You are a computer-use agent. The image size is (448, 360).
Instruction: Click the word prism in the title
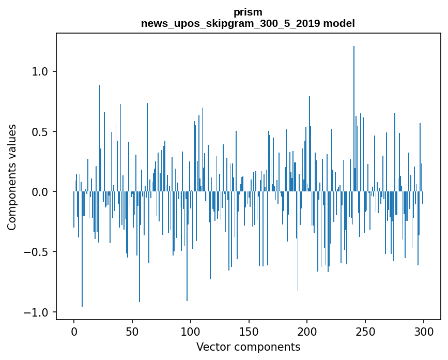(248, 12)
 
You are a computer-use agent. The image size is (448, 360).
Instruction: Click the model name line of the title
(248, 23)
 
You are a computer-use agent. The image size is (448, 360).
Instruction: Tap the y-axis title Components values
(12, 177)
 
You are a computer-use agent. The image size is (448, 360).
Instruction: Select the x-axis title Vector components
(248, 347)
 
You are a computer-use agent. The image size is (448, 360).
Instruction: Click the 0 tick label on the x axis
(74, 331)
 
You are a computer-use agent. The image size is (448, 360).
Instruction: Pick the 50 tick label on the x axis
(132, 331)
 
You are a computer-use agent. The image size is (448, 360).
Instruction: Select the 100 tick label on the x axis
(191, 331)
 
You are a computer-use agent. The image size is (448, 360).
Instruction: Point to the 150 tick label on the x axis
(249, 331)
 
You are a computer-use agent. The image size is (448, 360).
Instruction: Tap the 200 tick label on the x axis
(307, 331)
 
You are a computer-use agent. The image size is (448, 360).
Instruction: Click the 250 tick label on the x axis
(366, 331)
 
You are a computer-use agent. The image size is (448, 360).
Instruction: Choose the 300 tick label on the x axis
(424, 331)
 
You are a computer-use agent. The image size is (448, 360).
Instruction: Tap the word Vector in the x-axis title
(211, 347)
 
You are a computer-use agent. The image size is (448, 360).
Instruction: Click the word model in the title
(339, 23)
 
